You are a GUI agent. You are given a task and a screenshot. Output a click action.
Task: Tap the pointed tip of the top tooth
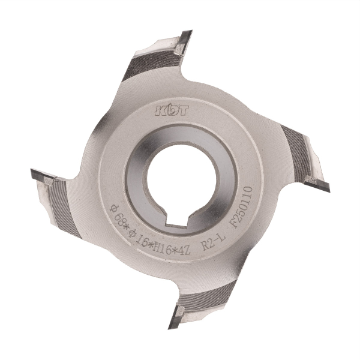[191, 31]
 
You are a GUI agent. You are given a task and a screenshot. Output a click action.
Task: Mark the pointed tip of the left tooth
[31, 170]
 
